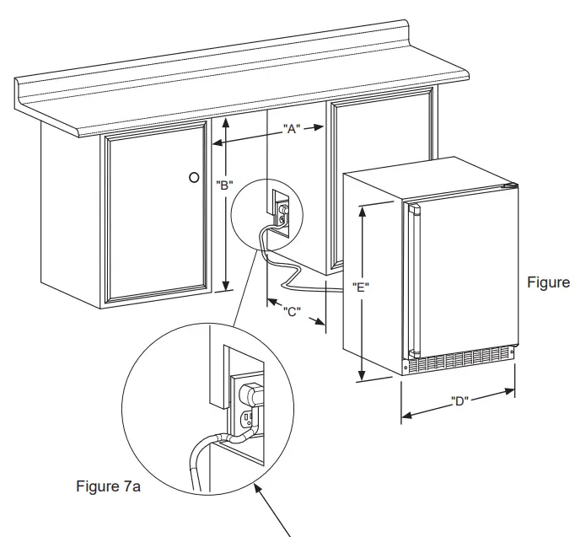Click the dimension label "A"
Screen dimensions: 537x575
tap(292, 130)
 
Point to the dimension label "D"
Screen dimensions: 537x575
tap(459, 400)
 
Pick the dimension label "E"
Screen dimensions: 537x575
tap(361, 287)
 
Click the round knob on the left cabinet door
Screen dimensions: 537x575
tap(194, 178)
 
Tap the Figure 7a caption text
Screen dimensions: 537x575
tap(108, 486)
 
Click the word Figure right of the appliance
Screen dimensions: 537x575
tap(548, 282)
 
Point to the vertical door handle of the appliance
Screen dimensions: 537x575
tap(412, 279)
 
